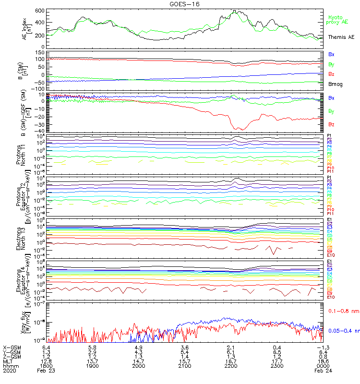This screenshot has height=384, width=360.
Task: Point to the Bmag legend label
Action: tap(335, 84)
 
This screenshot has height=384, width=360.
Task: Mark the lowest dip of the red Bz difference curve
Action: tap(241, 130)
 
